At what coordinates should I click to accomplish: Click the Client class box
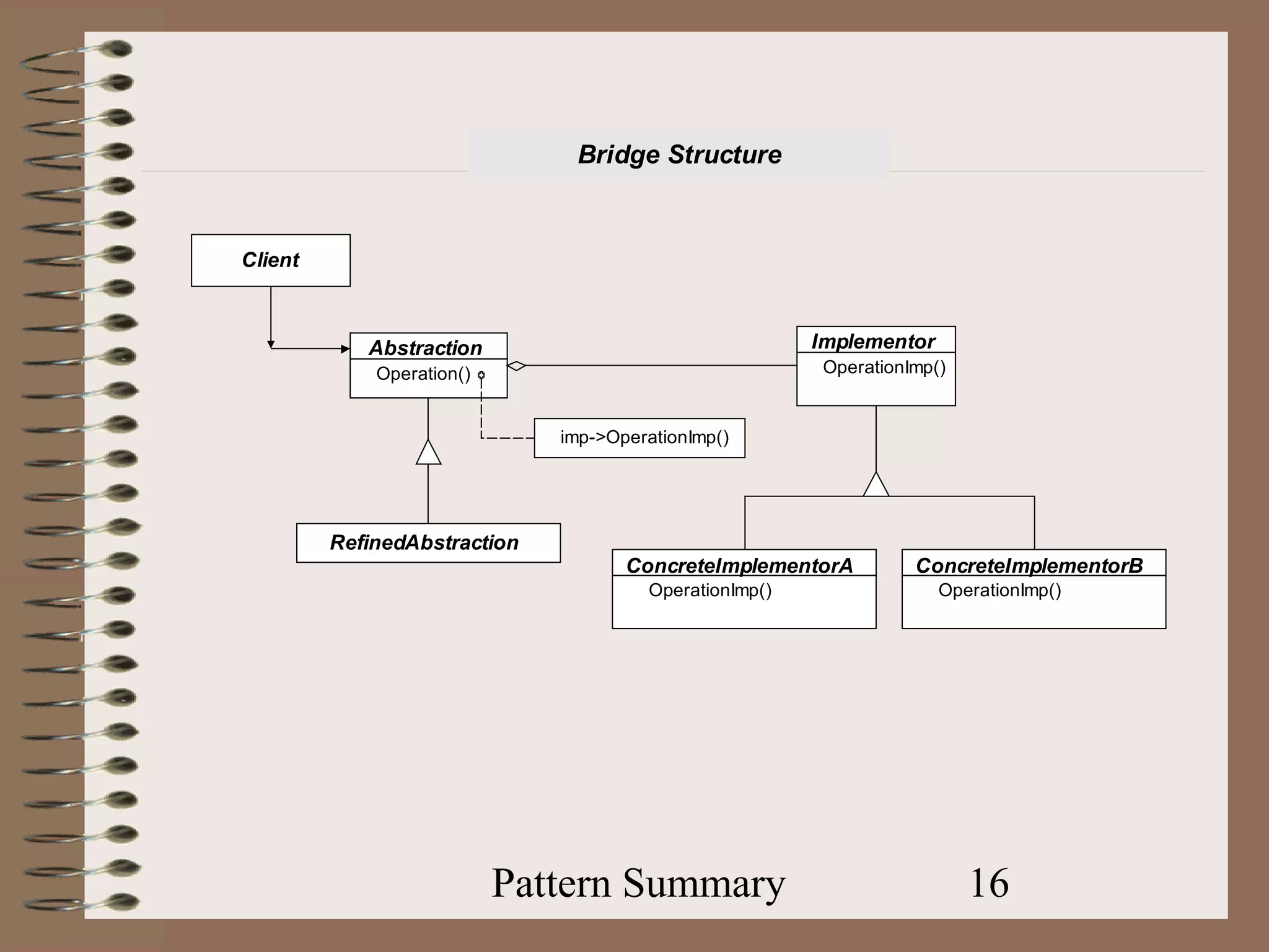(271, 260)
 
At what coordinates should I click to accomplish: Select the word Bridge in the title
(619, 154)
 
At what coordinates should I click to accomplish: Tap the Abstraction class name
(425, 348)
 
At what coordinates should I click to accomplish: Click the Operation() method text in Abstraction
(423, 374)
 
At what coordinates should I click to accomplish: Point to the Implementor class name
(873, 342)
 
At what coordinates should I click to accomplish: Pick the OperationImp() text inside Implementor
(884, 368)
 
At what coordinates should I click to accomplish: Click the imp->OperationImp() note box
(639, 438)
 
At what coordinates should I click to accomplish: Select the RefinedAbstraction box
(428, 543)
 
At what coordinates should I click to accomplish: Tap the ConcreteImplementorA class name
(739, 565)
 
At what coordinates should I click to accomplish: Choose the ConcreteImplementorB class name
(1029, 565)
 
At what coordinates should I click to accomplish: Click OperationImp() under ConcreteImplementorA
(710, 590)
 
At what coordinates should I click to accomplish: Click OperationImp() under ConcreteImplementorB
(999, 590)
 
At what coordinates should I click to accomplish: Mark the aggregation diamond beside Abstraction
(516, 366)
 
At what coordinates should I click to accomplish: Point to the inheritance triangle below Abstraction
(428, 453)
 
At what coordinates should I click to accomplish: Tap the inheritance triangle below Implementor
(876, 485)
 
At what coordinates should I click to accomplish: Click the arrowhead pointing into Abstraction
(345, 349)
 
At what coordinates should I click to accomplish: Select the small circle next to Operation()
(481, 375)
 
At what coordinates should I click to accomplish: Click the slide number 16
(989, 883)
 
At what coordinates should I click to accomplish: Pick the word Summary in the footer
(704, 883)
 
